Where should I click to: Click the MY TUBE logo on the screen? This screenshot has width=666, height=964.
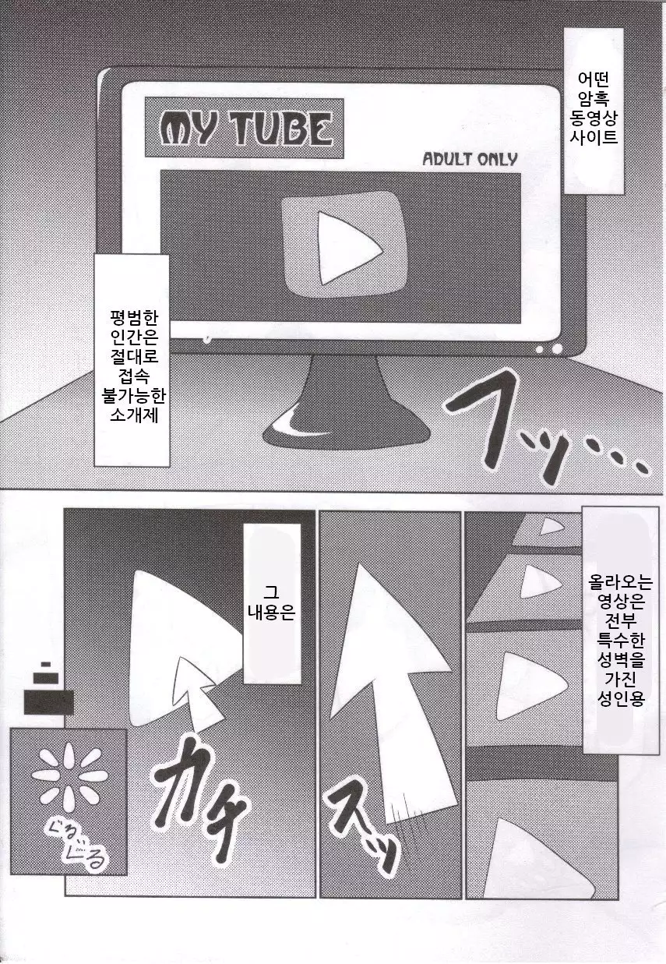click(x=245, y=128)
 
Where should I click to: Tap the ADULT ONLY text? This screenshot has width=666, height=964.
click(x=470, y=159)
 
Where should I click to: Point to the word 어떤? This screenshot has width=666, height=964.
click(x=594, y=79)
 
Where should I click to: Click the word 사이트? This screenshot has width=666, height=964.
click(x=594, y=136)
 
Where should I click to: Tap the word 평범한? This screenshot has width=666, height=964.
click(x=134, y=318)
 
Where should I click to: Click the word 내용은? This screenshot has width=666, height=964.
click(x=272, y=612)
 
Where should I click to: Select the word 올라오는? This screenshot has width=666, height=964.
click(x=620, y=583)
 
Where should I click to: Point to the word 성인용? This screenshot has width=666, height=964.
click(x=620, y=698)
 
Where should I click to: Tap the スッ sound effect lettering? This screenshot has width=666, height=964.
click(x=362, y=827)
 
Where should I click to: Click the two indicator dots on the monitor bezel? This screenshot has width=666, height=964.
click(x=551, y=348)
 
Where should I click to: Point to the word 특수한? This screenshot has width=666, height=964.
click(x=620, y=641)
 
